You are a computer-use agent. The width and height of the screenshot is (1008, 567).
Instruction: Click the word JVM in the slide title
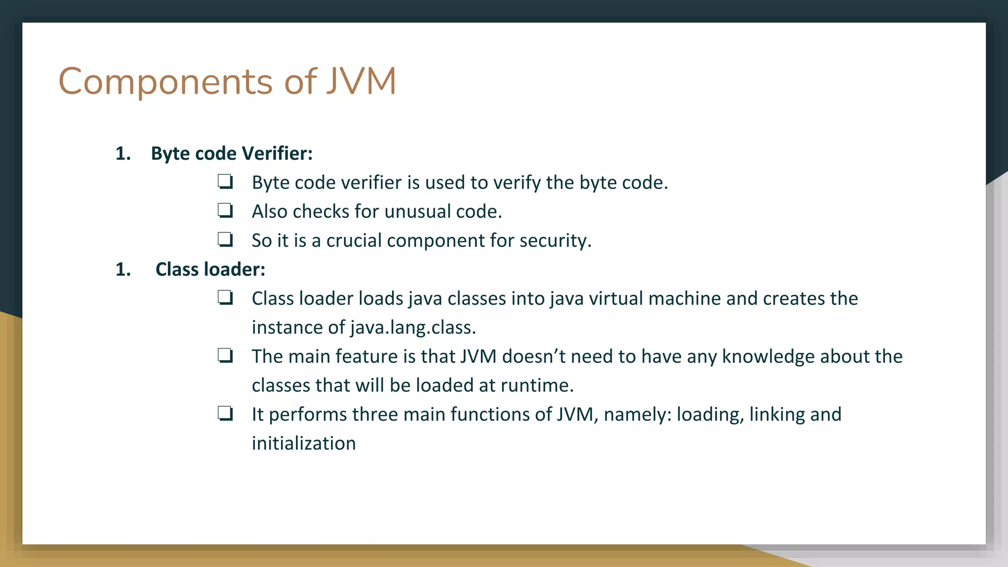361,81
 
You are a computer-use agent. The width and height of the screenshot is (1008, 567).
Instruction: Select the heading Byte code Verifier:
232,154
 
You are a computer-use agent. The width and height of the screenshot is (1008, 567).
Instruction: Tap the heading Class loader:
210,270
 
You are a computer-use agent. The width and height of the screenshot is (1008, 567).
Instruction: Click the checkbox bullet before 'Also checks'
225,211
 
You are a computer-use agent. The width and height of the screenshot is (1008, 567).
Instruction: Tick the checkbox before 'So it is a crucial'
225,240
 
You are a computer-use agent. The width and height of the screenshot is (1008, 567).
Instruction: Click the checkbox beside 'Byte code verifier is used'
225,182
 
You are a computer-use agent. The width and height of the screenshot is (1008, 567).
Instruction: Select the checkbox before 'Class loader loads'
225,298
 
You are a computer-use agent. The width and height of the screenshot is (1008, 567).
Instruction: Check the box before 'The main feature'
225,355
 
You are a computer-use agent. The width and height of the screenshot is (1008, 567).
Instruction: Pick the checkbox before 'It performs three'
225,413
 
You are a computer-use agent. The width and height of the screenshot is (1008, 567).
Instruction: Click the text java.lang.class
413,328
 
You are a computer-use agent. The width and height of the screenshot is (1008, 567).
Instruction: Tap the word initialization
304,443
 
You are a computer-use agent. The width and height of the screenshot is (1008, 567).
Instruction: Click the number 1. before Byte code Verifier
123,154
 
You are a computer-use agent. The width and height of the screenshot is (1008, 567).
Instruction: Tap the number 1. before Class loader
123,270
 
